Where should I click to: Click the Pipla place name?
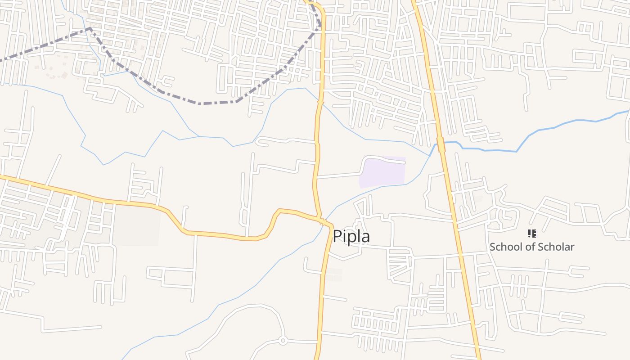click(x=351, y=236)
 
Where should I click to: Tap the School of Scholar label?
click(x=531, y=247)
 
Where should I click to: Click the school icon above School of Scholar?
click(x=531, y=234)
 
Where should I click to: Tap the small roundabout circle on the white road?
click(x=283, y=341)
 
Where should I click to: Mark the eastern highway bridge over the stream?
click(x=441, y=144)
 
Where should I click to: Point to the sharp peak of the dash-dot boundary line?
click(x=90, y=29)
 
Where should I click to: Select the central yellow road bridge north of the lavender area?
click(x=320, y=103)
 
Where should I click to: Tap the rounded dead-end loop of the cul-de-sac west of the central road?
click(x=259, y=142)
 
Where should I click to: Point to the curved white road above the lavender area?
click(x=382, y=158)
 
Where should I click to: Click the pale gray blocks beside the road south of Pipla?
click(x=333, y=275)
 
